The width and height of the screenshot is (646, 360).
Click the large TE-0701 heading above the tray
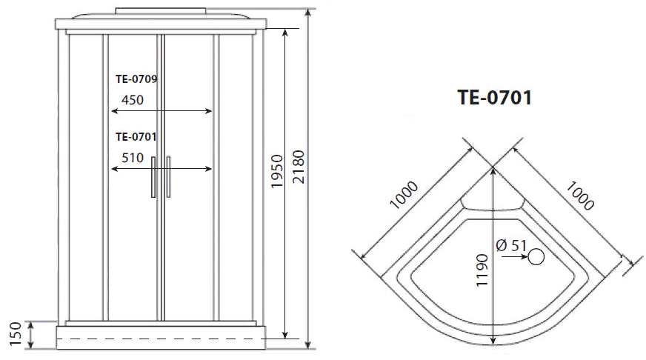point(495,98)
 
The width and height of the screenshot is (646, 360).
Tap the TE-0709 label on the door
point(136,79)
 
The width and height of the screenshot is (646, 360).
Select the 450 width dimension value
point(133,100)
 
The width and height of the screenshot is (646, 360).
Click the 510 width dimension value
point(133,158)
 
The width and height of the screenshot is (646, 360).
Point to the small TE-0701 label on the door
point(136,136)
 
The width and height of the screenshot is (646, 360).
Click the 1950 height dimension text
point(277,171)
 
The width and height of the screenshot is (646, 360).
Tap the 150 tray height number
point(16,334)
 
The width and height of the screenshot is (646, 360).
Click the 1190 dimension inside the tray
point(482,270)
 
